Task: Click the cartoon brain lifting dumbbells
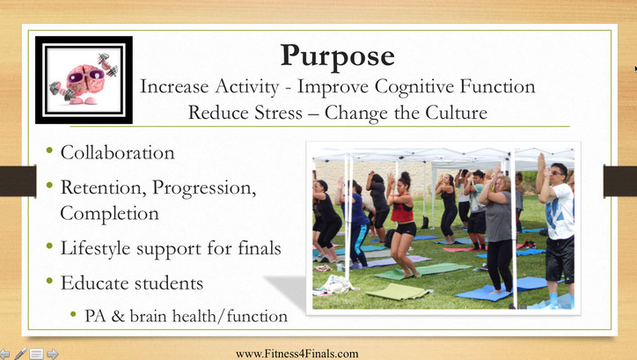click(84, 79)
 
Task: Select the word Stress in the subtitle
click(278, 112)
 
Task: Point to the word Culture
click(457, 112)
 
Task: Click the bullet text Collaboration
click(117, 153)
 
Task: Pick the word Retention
click(104, 187)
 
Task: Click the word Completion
click(109, 213)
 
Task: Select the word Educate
click(95, 283)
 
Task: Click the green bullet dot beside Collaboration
click(49, 151)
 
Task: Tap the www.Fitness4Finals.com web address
click(297, 354)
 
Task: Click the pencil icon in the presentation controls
click(20, 354)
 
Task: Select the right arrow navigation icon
click(53, 354)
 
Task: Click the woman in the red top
click(402, 224)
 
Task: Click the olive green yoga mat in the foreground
click(398, 291)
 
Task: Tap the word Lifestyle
click(96, 248)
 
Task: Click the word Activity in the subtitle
click(247, 86)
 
